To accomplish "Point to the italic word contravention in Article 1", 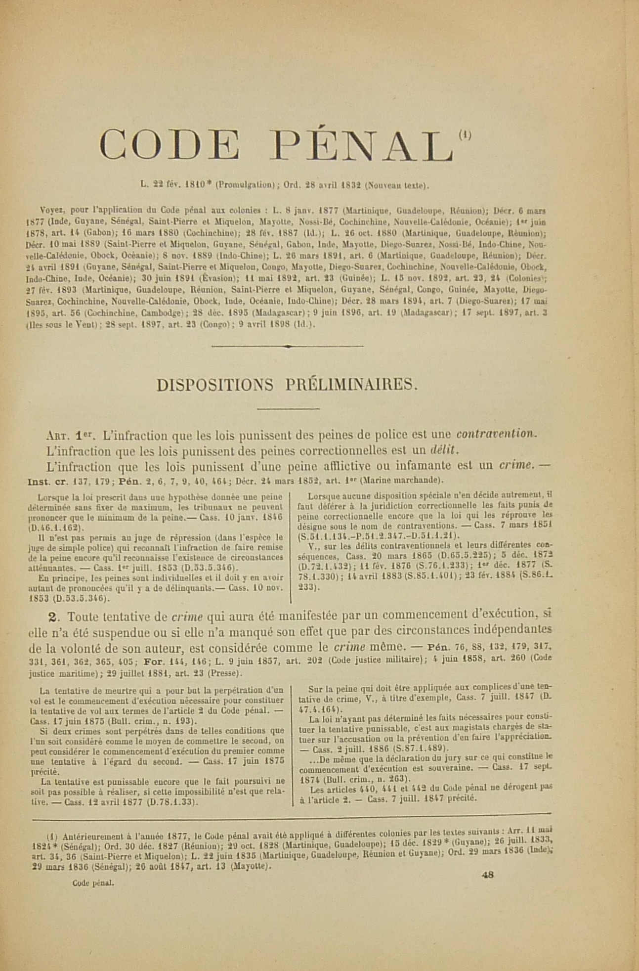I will [x=496, y=435].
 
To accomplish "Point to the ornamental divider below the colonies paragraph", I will [x=287, y=347].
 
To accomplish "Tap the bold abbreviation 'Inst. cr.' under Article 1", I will [x=45, y=480].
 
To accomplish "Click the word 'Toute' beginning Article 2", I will [x=79, y=617].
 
